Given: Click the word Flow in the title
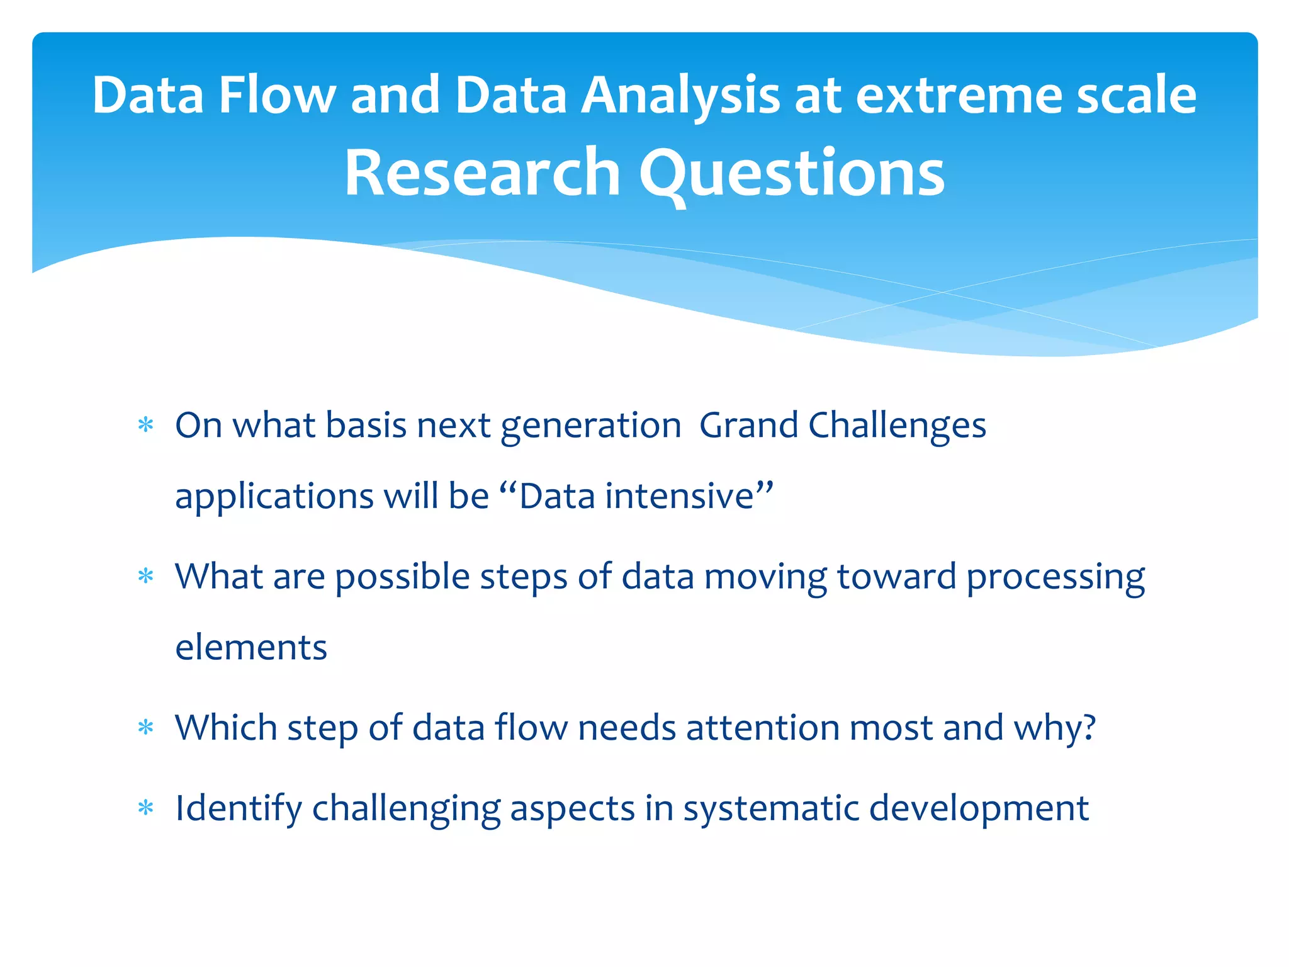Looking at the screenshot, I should pyautogui.click(x=276, y=95).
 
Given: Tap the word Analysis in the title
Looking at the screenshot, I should pyautogui.click(x=680, y=95).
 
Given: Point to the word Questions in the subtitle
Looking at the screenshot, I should pyautogui.click(x=792, y=172).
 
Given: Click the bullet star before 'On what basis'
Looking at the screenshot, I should pyautogui.click(x=146, y=426).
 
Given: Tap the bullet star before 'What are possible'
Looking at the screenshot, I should pyautogui.click(x=146, y=577).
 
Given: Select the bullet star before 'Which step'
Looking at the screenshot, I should pyautogui.click(x=146, y=728).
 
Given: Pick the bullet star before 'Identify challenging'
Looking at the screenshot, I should pyautogui.click(x=146, y=808).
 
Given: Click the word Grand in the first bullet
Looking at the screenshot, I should pyautogui.click(x=748, y=426).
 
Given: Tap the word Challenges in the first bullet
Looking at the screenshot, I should pyautogui.click(x=897, y=426).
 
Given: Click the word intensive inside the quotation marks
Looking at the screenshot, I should pyautogui.click(x=679, y=496).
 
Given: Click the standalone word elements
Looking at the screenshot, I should pyautogui.click(x=251, y=648).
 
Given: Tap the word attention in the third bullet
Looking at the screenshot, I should pyautogui.click(x=762, y=728).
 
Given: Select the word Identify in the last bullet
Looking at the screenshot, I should pyautogui.click(x=238, y=808).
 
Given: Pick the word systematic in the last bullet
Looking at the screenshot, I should pyautogui.click(x=771, y=808).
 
